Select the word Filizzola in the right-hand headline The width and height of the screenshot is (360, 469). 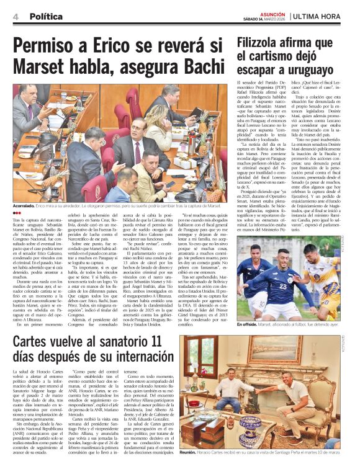pyautogui.click(x=264, y=42)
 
